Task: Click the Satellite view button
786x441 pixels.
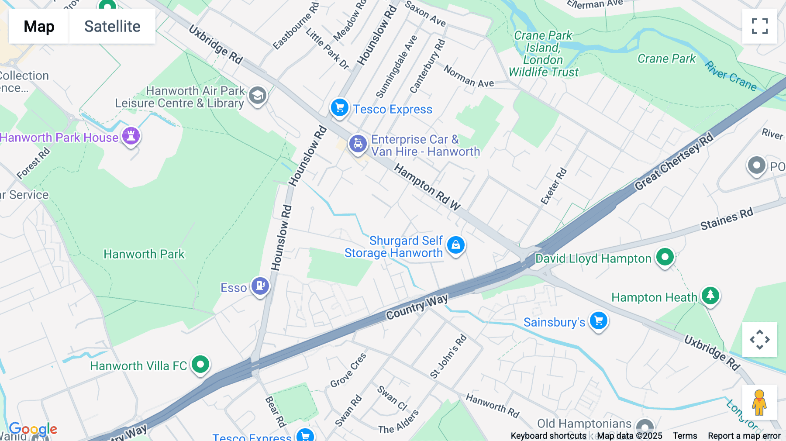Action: pyautogui.click(x=112, y=26)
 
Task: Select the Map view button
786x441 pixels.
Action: pyautogui.click(x=39, y=26)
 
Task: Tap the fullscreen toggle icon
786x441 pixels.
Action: pyautogui.click(x=759, y=26)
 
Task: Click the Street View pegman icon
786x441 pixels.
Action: pyautogui.click(x=759, y=402)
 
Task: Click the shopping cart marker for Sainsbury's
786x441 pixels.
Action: pyautogui.click(x=599, y=321)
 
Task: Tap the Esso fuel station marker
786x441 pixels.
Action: pyautogui.click(x=260, y=286)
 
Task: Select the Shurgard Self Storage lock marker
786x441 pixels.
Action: pyautogui.click(x=456, y=245)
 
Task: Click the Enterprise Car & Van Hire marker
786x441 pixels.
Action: pyautogui.click(x=358, y=144)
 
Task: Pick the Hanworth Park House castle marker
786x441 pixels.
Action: pyautogui.click(x=131, y=136)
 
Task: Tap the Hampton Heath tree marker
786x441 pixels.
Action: pyautogui.click(x=710, y=296)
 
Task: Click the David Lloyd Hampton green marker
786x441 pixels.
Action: pyautogui.click(x=665, y=257)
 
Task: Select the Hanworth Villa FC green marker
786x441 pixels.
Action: pyautogui.click(x=200, y=364)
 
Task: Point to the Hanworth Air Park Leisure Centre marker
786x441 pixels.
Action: pyautogui.click(x=258, y=95)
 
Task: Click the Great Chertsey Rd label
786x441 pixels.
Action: pyautogui.click(x=674, y=162)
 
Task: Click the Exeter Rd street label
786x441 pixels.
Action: pyautogui.click(x=554, y=186)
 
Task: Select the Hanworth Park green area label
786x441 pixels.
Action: pyautogui.click(x=144, y=254)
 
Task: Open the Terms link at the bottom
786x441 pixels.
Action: pyautogui.click(x=685, y=436)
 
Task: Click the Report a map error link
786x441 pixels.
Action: pyautogui.click(x=744, y=436)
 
